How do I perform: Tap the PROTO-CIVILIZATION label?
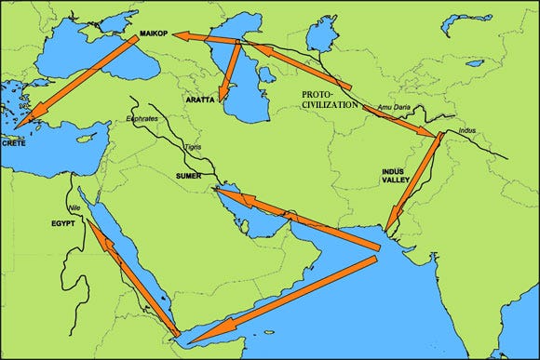[x=331, y=100]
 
